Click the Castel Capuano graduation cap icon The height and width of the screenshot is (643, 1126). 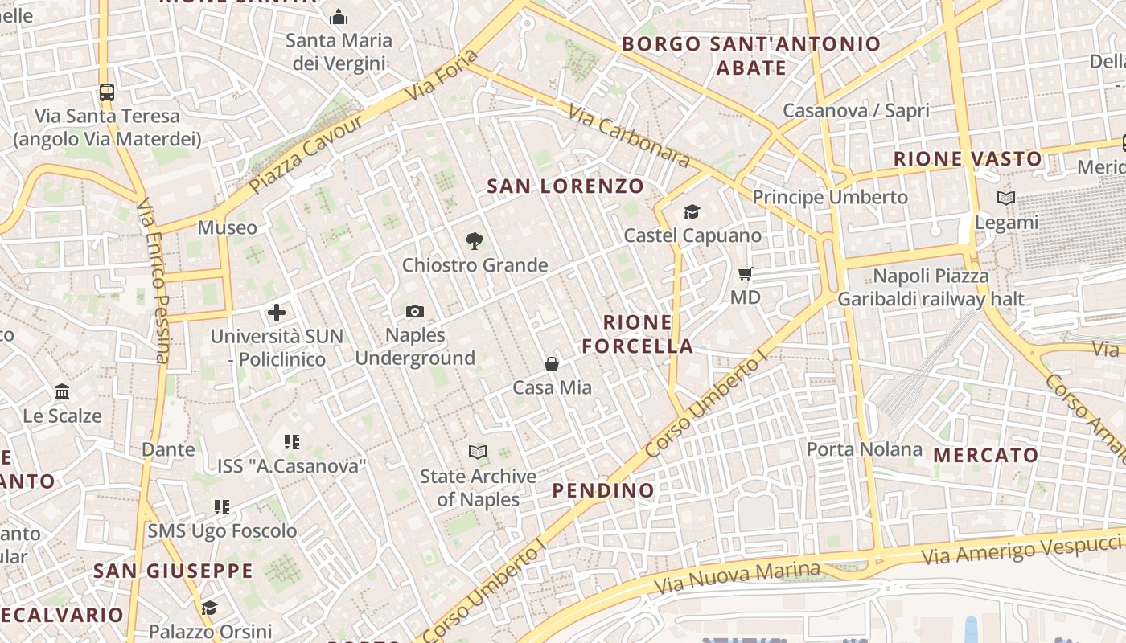click(692, 212)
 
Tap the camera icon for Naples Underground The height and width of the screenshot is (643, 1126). click(415, 311)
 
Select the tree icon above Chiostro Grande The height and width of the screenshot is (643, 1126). click(475, 240)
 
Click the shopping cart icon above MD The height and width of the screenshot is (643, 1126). click(746, 274)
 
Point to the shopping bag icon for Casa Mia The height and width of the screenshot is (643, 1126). click(552, 364)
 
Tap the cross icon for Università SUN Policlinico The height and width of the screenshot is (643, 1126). click(277, 313)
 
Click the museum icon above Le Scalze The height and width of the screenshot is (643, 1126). click(62, 392)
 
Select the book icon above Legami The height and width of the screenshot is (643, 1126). click(1005, 198)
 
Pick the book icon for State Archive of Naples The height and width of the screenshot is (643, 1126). click(478, 453)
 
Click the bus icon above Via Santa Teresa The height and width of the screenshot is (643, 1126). click(106, 92)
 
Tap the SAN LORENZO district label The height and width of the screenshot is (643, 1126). click(565, 186)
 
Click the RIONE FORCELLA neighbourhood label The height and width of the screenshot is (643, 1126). click(638, 334)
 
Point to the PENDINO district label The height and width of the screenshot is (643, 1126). click(603, 490)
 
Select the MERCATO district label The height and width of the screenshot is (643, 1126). click(986, 456)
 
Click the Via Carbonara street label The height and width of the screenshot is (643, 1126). click(628, 136)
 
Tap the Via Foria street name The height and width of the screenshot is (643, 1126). click(442, 76)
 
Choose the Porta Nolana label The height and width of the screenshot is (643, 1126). click(864, 449)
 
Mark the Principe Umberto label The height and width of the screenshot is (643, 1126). click(830, 197)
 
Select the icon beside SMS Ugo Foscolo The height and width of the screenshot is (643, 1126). click(222, 507)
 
